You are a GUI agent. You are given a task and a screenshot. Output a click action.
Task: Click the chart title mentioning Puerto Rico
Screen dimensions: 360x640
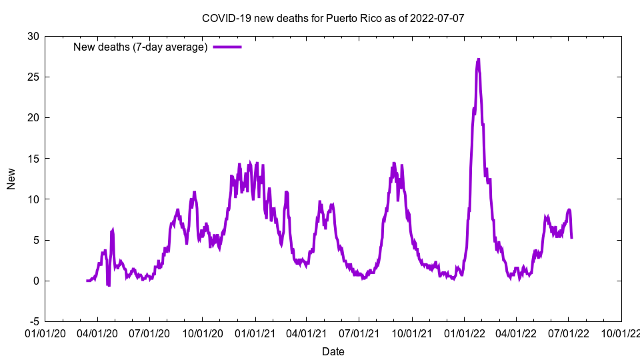coord(333,18)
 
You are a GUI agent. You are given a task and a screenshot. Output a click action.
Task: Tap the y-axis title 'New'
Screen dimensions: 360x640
coord(11,179)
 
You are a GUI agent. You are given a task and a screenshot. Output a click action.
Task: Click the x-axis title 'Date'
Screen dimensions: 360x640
coord(333,351)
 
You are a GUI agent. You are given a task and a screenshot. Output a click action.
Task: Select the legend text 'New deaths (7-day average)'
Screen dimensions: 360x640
coord(140,47)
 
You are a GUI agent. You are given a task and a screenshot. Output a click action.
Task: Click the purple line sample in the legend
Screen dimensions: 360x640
coord(227,47)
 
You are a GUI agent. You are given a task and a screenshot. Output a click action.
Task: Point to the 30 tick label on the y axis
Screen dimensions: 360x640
coord(33,36)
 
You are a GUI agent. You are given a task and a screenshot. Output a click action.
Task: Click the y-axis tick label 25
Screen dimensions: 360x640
coord(33,77)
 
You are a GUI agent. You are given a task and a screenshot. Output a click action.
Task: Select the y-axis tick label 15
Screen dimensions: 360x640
coord(33,159)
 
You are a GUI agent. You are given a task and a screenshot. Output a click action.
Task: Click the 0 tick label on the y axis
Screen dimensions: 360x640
coord(35,281)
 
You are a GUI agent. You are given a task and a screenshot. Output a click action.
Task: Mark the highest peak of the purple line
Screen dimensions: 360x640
coord(478,59)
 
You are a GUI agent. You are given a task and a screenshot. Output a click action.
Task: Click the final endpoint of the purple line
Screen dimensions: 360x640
coord(571,238)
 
